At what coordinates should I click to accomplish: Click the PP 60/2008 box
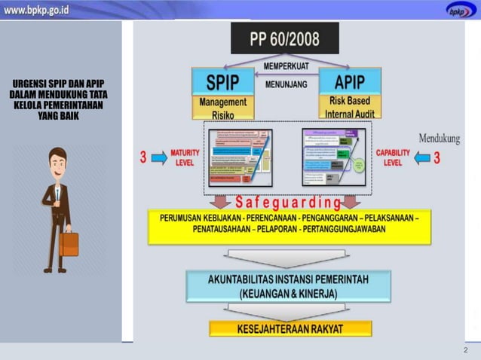[x=284, y=38]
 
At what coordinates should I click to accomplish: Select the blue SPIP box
[x=222, y=81]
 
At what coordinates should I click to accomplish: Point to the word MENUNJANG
[x=286, y=84]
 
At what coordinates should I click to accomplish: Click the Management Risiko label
[x=222, y=108]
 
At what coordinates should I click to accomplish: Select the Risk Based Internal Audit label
[x=349, y=107]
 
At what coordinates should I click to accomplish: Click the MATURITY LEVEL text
[x=185, y=157]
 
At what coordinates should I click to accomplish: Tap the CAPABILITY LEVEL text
[x=393, y=157]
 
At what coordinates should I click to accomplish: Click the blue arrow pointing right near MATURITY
[x=159, y=158]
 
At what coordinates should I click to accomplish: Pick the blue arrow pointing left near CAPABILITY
[x=421, y=158]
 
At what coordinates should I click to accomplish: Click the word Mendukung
[x=440, y=139]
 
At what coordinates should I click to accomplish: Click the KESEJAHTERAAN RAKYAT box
[x=290, y=329]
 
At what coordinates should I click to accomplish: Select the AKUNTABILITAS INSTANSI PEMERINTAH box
[x=289, y=286]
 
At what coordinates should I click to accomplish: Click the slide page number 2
[x=465, y=351]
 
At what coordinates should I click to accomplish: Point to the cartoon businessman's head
[x=57, y=160]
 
